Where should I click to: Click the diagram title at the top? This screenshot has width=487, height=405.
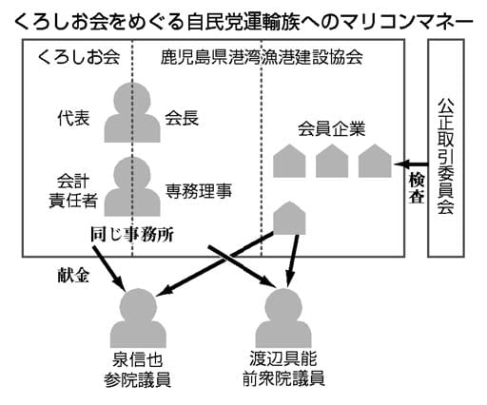243,17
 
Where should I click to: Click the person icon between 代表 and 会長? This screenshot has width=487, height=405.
128,111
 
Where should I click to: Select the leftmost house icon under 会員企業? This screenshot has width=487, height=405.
291,163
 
